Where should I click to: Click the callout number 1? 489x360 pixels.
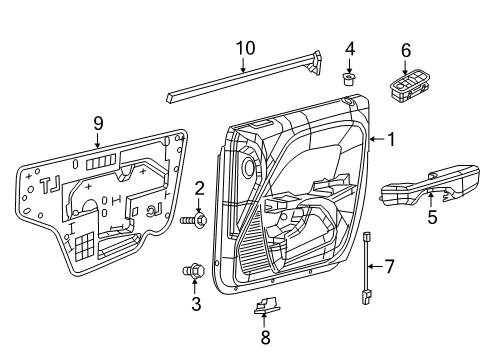392,140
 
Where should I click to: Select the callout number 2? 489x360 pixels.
199,186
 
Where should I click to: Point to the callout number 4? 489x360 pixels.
349,47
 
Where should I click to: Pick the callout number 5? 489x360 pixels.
433,214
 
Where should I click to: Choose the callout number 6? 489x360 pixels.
406,49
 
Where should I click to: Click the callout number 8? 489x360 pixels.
264,337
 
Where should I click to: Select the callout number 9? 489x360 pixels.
97,123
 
